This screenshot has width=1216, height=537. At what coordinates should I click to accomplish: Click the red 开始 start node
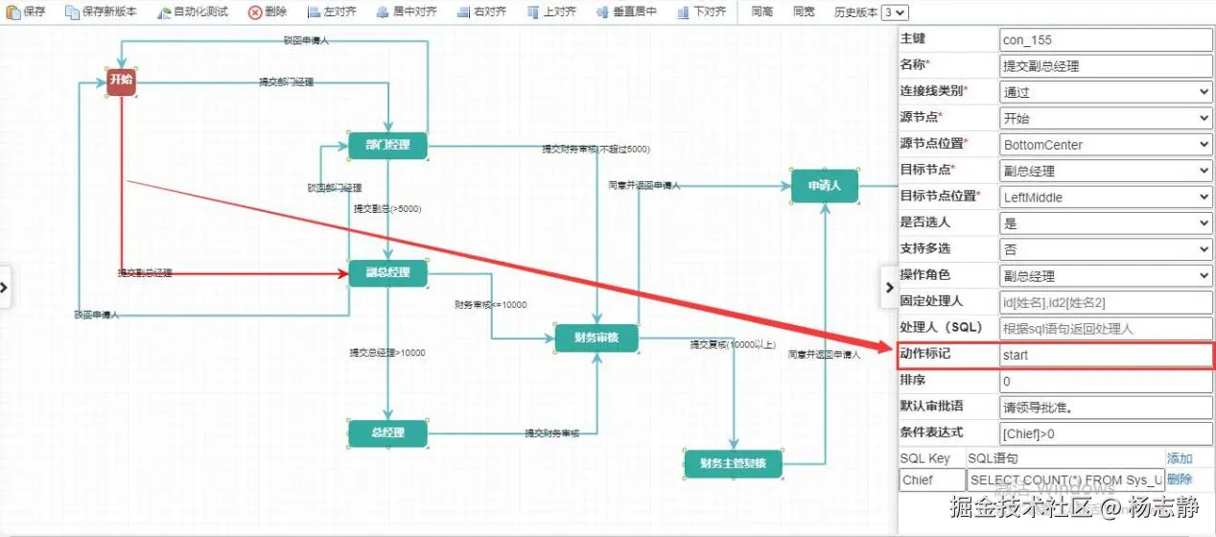tap(120, 82)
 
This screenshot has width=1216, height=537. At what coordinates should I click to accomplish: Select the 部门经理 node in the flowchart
tap(387, 145)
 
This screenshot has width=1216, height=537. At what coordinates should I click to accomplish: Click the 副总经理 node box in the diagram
tap(387, 273)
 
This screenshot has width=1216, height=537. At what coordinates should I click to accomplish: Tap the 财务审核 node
tap(596, 338)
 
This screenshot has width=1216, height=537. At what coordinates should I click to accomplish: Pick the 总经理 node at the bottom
tap(387, 432)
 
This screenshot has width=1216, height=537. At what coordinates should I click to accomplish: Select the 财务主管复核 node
tap(734, 464)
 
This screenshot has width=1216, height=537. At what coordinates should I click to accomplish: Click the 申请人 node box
tap(824, 186)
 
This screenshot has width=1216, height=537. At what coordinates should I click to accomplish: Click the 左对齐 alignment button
tap(333, 12)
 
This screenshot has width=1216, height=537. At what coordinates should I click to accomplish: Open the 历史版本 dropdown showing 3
tap(895, 12)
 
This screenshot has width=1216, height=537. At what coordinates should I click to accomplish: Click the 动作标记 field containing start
tap(1106, 355)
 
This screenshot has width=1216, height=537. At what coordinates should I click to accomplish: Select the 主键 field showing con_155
tap(1106, 40)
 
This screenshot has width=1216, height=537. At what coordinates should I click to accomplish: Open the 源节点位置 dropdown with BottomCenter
tap(1106, 145)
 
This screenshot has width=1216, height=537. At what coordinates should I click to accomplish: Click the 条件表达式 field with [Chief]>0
tap(1106, 433)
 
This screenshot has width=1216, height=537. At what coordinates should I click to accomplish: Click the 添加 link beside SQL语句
tap(1180, 458)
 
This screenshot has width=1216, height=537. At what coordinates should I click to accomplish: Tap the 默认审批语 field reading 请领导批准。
tap(1106, 408)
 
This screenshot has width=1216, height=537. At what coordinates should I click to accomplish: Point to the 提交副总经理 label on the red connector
tap(145, 273)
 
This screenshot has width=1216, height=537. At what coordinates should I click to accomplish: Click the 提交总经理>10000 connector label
tap(387, 353)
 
